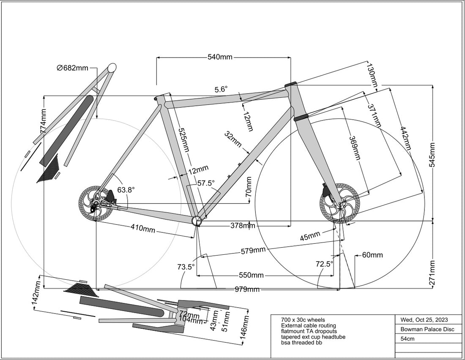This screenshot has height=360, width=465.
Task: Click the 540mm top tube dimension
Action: point(220,57)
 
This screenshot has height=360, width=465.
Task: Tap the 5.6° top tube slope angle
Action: point(221,89)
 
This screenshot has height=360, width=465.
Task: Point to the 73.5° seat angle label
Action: point(186,267)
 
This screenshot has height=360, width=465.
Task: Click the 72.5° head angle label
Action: point(325,264)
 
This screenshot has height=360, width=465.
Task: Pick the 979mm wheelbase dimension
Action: point(248,289)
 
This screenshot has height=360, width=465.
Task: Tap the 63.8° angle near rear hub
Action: point(126,190)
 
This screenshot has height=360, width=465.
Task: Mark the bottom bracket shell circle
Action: point(197,221)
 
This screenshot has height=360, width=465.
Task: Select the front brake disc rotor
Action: point(339,203)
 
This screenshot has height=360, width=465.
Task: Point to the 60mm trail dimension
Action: point(372,255)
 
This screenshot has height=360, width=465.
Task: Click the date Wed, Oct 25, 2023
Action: point(421,320)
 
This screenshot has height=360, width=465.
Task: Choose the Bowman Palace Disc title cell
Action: point(427,329)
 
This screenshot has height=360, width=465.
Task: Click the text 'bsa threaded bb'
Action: point(301,342)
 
